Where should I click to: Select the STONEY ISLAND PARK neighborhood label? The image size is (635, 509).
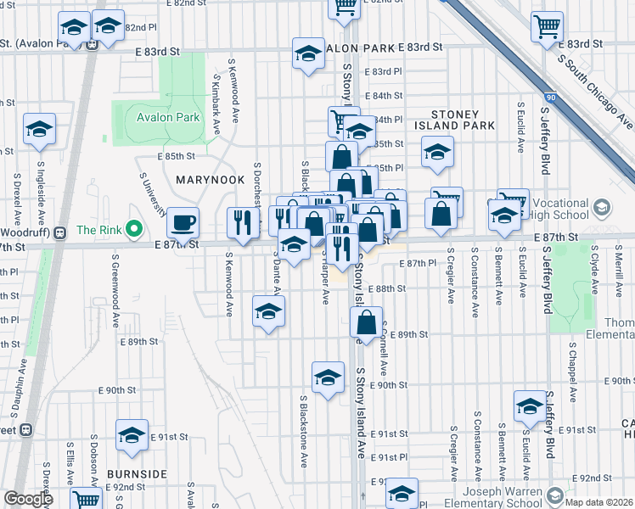click(x=463, y=120)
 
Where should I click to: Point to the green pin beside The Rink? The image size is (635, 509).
click(x=133, y=229)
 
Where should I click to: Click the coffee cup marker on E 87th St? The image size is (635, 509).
click(x=183, y=223)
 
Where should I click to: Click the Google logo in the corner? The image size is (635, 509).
click(x=28, y=498)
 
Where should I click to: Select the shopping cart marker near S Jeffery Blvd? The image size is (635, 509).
click(x=547, y=26)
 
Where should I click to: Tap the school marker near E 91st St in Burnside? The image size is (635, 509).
click(x=132, y=436)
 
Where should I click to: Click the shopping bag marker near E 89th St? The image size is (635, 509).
click(x=367, y=322)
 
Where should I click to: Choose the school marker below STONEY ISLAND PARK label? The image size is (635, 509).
click(x=438, y=153)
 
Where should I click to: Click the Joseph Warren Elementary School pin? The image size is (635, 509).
click(x=555, y=493)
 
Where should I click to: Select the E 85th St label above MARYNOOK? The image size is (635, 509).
click(x=176, y=157)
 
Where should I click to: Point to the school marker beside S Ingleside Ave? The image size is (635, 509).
click(x=39, y=130)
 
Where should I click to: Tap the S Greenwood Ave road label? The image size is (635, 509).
click(x=112, y=294)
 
